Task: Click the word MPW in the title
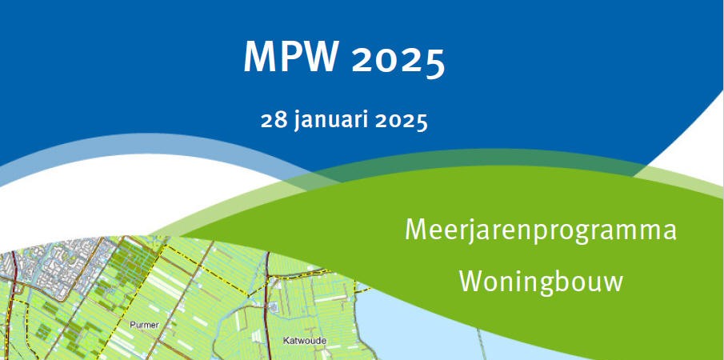pos(291,58)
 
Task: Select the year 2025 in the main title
pos(398,59)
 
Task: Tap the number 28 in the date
pos(273,122)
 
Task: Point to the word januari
pos(330,122)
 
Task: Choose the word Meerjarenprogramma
pos(541,232)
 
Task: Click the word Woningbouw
pos(541,282)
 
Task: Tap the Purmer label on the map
pos(145,326)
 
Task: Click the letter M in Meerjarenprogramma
pos(414,230)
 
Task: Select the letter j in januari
pos(298,123)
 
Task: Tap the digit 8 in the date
pos(280,122)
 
